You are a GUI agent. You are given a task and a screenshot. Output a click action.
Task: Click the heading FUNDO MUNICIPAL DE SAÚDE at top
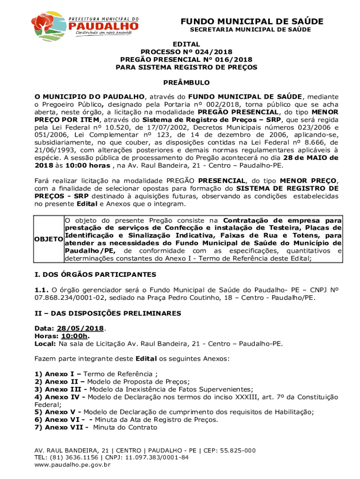252,22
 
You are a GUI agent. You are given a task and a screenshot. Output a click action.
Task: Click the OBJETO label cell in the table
49,239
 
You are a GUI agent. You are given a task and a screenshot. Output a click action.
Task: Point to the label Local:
45,343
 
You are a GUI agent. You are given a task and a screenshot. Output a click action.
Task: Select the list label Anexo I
58,374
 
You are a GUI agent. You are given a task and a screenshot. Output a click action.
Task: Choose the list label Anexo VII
63,427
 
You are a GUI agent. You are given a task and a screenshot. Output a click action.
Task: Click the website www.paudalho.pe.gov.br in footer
72,465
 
